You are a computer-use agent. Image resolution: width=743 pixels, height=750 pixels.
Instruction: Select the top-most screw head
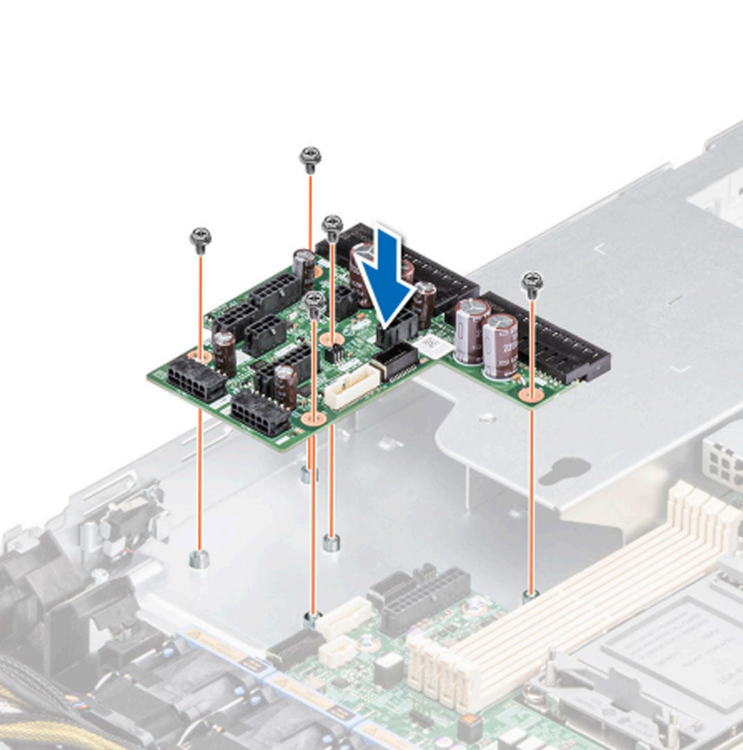(309, 157)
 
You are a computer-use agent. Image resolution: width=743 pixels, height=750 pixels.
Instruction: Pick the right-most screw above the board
(531, 282)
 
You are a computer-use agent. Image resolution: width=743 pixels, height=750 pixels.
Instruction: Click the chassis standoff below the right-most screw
(531, 594)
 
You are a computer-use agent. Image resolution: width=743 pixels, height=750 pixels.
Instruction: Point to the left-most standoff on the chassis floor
(199, 559)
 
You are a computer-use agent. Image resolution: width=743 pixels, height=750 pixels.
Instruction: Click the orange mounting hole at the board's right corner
(531, 395)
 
